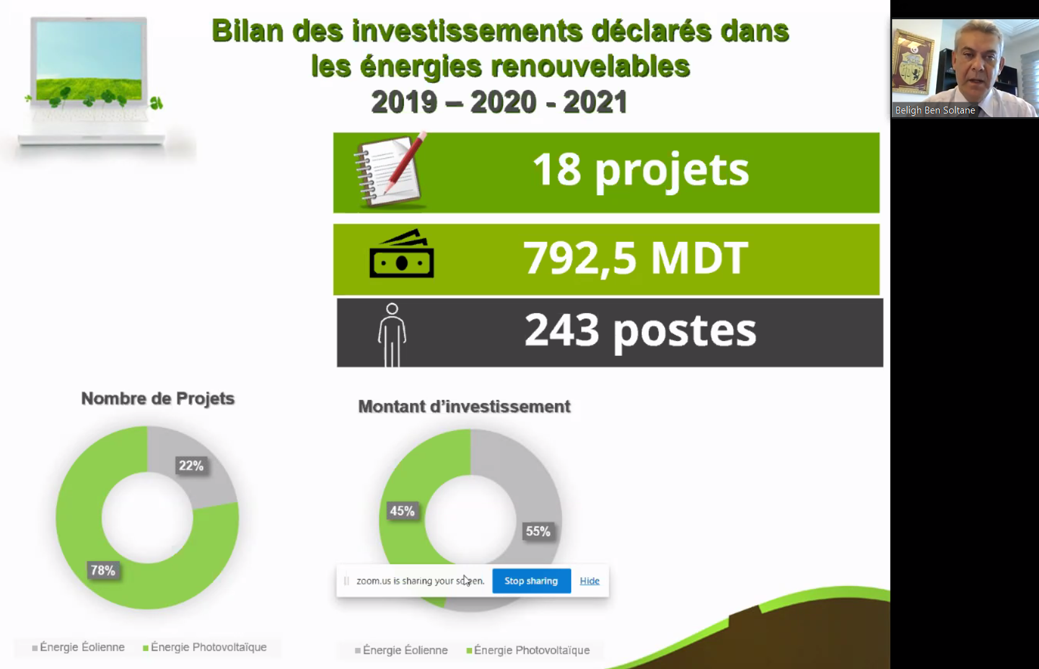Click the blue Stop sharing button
click(x=532, y=581)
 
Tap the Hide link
click(x=590, y=581)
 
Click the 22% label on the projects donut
click(x=191, y=466)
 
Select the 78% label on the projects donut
click(x=103, y=570)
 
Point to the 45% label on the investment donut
click(x=402, y=511)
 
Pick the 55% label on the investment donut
click(x=538, y=531)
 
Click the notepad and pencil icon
click(x=390, y=170)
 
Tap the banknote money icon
click(x=401, y=254)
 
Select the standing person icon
click(x=392, y=335)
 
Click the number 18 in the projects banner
click(x=556, y=169)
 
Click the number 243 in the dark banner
click(x=562, y=330)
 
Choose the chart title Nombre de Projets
click(x=158, y=398)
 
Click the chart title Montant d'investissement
click(x=464, y=407)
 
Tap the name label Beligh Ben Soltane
click(x=935, y=110)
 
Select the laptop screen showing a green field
click(x=89, y=61)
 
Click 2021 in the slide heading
click(x=595, y=102)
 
